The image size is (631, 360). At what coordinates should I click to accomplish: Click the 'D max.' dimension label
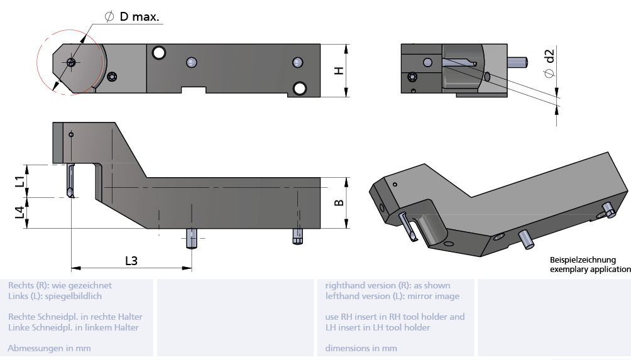point(140,17)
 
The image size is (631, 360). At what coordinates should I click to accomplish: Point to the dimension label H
point(338,70)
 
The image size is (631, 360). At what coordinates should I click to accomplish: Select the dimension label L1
point(20,181)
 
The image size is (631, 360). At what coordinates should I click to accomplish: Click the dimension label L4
point(20,213)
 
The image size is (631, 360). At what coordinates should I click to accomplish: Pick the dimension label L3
point(131,260)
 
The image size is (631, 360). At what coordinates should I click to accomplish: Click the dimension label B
point(338,203)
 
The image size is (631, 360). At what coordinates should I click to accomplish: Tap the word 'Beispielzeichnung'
point(583,259)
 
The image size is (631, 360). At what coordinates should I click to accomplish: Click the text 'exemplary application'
point(590,270)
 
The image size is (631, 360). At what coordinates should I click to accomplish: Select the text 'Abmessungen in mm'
point(49,348)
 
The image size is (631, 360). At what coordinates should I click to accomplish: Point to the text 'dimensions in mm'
point(361,348)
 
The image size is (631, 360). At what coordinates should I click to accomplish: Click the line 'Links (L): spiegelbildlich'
point(55,296)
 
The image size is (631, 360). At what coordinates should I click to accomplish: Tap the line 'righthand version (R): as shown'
point(387,285)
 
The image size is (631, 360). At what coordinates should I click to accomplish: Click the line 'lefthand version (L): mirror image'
point(392,296)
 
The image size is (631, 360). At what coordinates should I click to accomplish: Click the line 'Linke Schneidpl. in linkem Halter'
point(74,327)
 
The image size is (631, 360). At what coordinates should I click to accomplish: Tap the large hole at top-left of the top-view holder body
point(159,52)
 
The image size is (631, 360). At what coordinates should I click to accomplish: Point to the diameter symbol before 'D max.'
point(109,17)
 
